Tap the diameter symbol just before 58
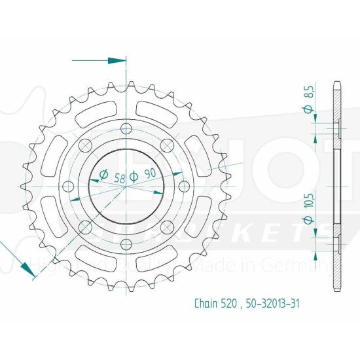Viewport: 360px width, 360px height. tap(103, 175)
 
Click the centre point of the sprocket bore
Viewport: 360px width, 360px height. tap(126, 186)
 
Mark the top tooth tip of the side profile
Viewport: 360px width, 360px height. tap(336, 83)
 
